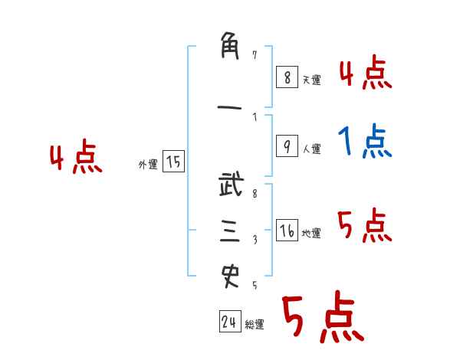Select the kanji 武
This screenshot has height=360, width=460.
230,186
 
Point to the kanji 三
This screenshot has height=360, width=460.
230,231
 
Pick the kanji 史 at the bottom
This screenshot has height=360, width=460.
230,275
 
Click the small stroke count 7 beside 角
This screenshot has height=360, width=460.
255,55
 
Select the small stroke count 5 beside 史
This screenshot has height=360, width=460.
255,285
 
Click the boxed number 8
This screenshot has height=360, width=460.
286,77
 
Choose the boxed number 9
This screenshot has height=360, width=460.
286,146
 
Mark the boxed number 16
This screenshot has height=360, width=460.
287,231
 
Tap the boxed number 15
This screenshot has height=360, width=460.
173,162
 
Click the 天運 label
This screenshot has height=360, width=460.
311,80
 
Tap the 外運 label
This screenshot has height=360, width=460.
147,164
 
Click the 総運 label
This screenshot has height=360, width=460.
255,325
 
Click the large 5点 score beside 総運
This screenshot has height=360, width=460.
322,318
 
